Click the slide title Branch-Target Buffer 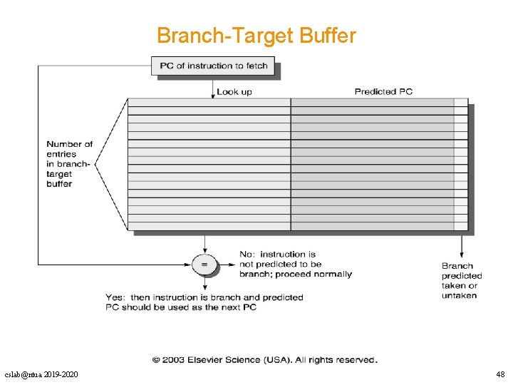(256, 36)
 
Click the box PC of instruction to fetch (214, 66)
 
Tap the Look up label (234, 91)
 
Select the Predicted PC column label (383, 91)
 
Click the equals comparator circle (204, 265)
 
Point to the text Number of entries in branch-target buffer (69, 164)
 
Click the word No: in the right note (247, 255)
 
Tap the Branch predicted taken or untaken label (461, 281)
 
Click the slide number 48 (499, 374)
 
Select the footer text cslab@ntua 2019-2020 (41, 374)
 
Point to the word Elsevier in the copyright (211, 360)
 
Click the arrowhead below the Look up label (213, 95)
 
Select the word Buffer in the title (328, 36)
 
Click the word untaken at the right (459, 296)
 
